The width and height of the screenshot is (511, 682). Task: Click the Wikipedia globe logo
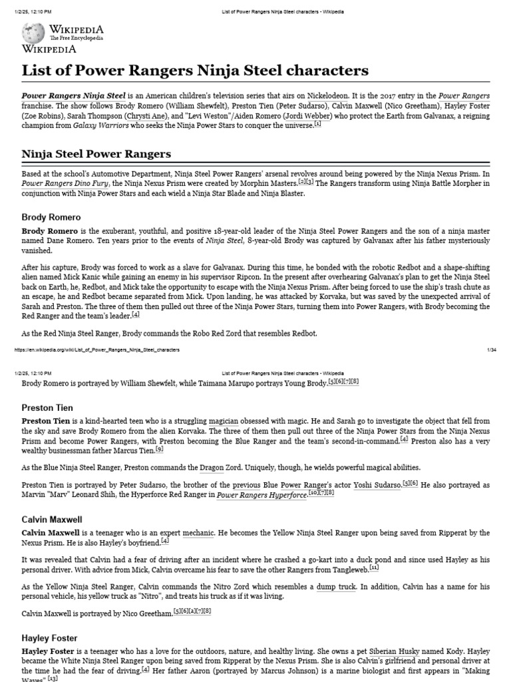(x=33, y=33)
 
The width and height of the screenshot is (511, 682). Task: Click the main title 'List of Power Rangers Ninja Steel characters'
(x=195, y=71)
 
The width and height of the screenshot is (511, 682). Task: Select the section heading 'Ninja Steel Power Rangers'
(x=96, y=154)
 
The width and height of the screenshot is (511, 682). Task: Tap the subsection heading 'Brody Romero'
(x=51, y=217)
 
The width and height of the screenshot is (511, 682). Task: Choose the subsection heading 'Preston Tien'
(x=47, y=408)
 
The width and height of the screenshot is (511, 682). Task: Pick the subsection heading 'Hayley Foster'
(x=50, y=637)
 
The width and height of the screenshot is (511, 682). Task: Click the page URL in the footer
(x=96, y=349)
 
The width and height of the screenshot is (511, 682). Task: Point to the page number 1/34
(x=492, y=349)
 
